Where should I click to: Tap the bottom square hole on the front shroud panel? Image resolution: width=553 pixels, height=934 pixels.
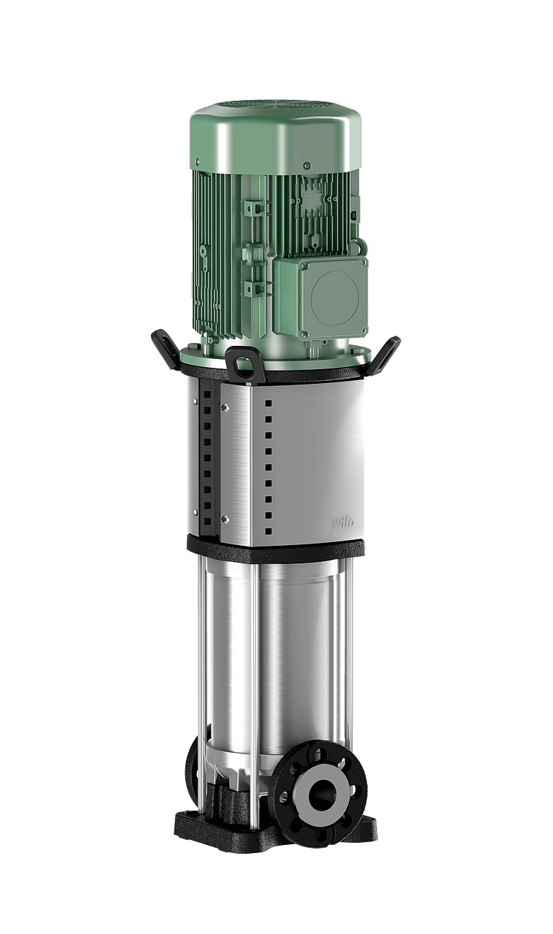pos(269,530)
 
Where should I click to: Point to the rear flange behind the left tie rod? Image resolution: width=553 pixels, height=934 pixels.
pos(191,766)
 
